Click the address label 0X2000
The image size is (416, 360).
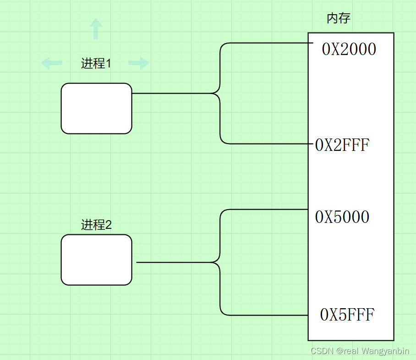(x=349, y=50)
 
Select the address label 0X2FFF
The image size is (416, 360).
(x=342, y=145)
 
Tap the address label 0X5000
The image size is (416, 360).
(x=342, y=217)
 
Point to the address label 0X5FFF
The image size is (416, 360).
(x=347, y=315)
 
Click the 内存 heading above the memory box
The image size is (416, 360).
(x=339, y=19)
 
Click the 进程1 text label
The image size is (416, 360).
(x=96, y=64)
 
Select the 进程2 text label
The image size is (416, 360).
(x=96, y=225)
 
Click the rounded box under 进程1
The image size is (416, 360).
(x=96, y=108)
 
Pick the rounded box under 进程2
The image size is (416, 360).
(x=96, y=260)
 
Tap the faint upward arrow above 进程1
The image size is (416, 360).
(x=95, y=28)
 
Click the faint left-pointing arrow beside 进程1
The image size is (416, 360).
(x=52, y=63)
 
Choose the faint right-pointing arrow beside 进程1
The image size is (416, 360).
(x=139, y=63)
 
